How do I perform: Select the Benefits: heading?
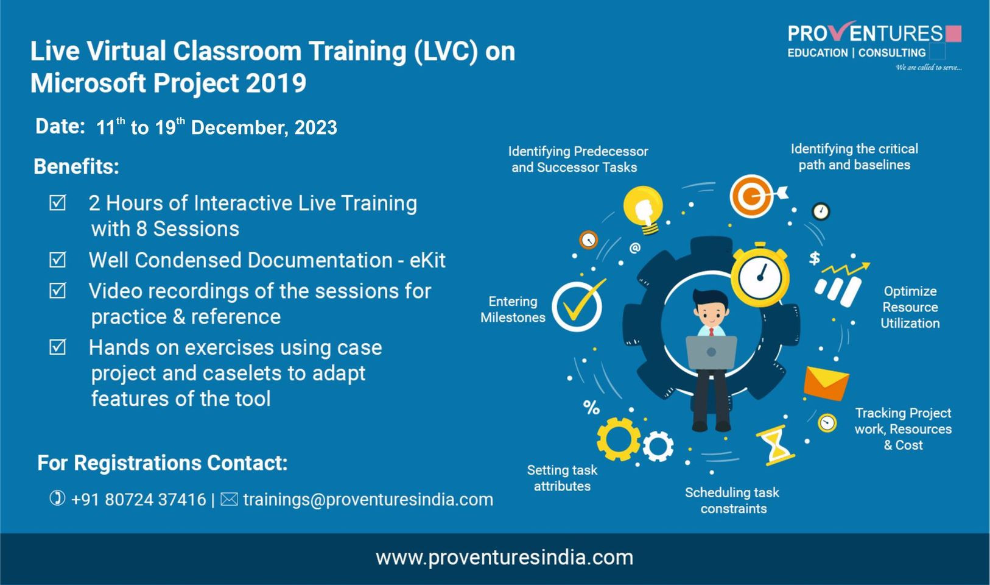click(77, 167)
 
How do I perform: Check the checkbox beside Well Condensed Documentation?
click(57, 260)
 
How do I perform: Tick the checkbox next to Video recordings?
click(57, 291)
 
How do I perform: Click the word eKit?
click(427, 260)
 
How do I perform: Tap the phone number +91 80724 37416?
click(138, 500)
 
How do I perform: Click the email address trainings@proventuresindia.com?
click(368, 500)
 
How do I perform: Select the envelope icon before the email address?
click(229, 499)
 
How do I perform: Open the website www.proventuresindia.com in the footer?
click(504, 558)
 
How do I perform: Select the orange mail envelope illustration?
click(826, 383)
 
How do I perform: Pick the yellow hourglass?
click(775, 445)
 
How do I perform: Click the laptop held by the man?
click(711, 352)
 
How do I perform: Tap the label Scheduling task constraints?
click(732, 500)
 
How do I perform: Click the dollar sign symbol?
click(815, 258)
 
